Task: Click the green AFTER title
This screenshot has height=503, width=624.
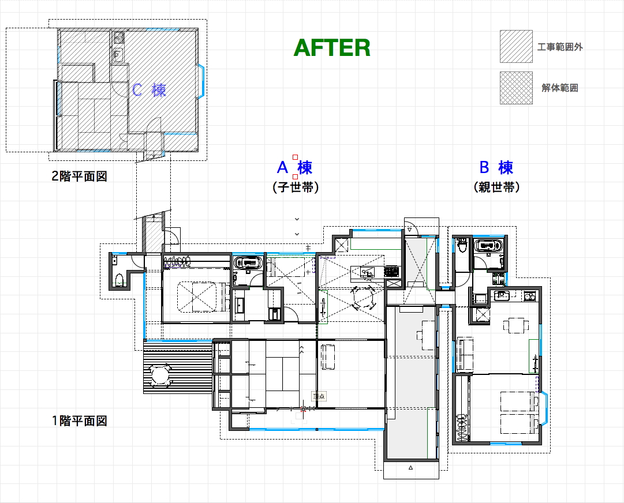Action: pyautogui.click(x=332, y=48)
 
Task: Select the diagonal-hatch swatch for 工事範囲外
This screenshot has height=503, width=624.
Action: pyautogui.click(x=516, y=47)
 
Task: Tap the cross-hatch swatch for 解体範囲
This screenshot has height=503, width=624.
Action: pyautogui.click(x=516, y=88)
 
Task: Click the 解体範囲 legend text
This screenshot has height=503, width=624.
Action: pyautogui.click(x=559, y=88)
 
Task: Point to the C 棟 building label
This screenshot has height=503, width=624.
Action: pyautogui.click(x=149, y=90)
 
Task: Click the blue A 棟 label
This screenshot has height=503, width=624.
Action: pyautogui.click(x=294, y=167)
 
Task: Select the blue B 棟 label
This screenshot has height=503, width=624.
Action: pyautogui.click(x=496, y=167)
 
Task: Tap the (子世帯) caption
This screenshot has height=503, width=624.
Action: pyautogui.click(x=296, y=187)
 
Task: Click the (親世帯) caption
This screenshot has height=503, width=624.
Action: pyautogui.click(x=496, y=187)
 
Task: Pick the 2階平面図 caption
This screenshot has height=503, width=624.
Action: pyautogui.click(x=79, y=176)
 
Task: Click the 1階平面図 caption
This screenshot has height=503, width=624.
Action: pyautogui.click(x=79, y=421)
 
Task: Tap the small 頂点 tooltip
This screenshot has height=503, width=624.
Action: pyautogui.click(x=319, y=396)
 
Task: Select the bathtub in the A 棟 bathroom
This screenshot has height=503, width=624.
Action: pyautogui.click(x=248, y=263)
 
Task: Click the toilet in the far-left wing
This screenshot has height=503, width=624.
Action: pyautogui.click(x=119, y=280)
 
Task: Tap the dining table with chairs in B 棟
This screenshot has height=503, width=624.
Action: pyautogui.click(x=516, y=325)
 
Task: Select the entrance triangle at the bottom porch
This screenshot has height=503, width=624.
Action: pyautogui.click(x=410, y=468)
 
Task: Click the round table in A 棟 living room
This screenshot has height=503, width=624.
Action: pyautogui.click(x=363, y=297)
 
